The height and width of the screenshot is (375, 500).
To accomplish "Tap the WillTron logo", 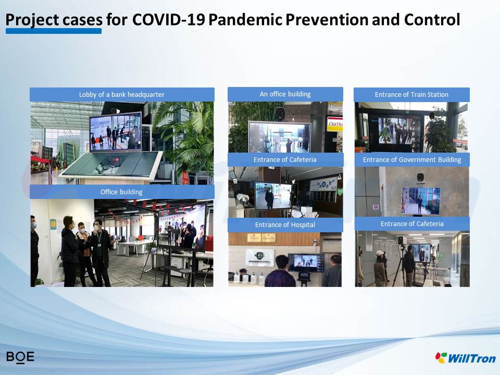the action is click(x=465, y=358).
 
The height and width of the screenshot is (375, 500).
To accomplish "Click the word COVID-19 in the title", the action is click(x=168, y=19).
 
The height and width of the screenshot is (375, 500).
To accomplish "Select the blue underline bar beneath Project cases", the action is click(x=54, y=31).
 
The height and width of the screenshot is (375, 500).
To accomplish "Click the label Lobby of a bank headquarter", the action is click(x=122, y=95).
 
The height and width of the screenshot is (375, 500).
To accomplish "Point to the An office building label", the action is click(x=285, y=94).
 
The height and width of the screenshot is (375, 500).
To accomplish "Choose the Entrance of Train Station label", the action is click(x=411, y=95).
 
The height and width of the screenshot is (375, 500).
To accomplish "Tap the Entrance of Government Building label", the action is click(x=412, y=160).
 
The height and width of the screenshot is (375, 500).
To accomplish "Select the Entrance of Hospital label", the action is click(x=285, y=225).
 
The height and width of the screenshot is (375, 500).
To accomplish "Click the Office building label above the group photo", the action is click(x=121, y=192).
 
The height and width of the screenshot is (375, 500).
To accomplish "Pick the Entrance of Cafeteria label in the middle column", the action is click(x=285, y=160).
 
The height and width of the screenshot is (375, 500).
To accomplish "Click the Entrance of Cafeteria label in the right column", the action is click(x=412, y=224).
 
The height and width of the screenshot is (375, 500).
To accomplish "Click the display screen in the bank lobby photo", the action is click(x=116, y=131).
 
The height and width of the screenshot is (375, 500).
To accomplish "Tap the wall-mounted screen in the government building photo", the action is click(x=421, y=200).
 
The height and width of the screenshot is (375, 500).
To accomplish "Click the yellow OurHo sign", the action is click(x=335, y=124).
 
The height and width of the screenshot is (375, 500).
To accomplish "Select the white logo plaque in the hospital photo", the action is click(x=259, y=258).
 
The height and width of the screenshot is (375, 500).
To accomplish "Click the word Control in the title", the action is click(x=432, y=19).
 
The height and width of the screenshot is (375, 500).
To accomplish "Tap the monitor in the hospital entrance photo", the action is click(x=306, y=262).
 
